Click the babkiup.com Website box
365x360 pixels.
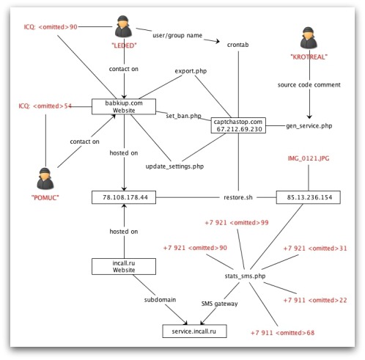pos(124,106)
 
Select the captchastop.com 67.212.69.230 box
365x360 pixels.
pos(238,125)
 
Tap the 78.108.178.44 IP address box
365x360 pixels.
pos(124,197)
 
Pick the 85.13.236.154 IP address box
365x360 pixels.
pos(309,197)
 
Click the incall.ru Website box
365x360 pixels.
pos(124,266)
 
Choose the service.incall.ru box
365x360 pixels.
pos(194,331)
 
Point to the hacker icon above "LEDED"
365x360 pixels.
pos(124,26)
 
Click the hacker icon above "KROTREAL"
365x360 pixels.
pos(309,38)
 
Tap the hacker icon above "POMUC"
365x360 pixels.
pos(45,179)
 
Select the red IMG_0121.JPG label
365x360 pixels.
pos(309,158)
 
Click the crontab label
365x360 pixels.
pos(238,45)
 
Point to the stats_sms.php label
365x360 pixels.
pos(245,276)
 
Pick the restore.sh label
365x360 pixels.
pos(238,197)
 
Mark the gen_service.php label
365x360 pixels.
pos(309,126)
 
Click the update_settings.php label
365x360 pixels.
pos(174,166)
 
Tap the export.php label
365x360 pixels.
pos(191,71)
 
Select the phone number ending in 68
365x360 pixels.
pos(283,333)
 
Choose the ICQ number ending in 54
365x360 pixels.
pos(45,106)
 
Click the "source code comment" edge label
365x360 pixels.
pos(309,85)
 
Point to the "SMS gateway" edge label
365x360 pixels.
pos(220,304)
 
